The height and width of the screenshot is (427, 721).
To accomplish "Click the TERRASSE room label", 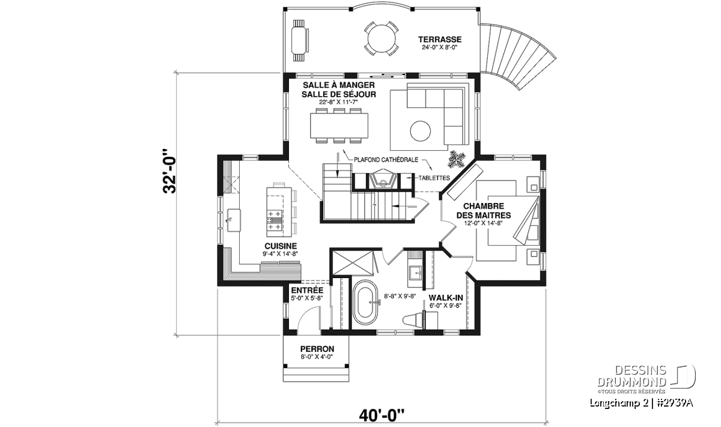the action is (x=440, y=39).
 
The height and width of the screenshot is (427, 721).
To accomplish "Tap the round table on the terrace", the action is (x=382, y=38).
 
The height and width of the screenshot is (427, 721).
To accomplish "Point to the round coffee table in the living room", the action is (x=420, y=131).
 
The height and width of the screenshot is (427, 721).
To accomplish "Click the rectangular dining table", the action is (x=339, y=126).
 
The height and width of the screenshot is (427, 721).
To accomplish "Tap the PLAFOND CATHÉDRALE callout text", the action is (x=386, y=160).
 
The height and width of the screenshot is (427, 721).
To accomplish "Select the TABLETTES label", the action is (x=434, y=178).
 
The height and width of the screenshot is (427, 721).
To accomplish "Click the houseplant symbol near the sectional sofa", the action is (x=457, y=159).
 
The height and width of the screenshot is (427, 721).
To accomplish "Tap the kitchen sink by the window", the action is (x=234, y=220).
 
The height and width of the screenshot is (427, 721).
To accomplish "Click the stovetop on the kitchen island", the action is (x=275, y=220).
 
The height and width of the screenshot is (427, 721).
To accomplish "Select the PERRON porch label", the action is (x=317, y=349).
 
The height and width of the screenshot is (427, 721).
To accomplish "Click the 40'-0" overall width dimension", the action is (x=382, y=416).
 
